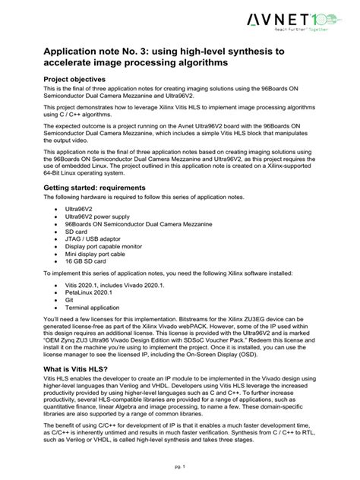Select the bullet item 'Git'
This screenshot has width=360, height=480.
70,300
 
